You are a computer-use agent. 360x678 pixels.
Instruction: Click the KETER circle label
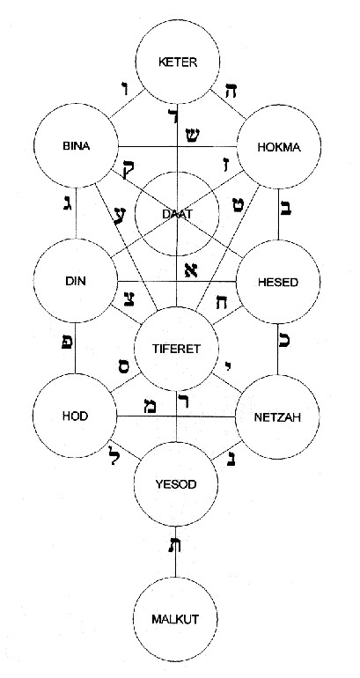(178, 63)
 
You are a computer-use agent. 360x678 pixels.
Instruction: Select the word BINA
(76, 146)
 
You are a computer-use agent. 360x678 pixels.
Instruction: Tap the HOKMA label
(279, 147)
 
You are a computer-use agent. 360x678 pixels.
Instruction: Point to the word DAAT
(177, 213)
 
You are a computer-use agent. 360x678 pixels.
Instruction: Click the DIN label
(76, 282)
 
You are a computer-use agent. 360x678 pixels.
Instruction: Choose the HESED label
(278, 283)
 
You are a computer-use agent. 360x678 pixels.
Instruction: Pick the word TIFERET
(177, 350)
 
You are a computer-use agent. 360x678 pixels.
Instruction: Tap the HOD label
(75, 416)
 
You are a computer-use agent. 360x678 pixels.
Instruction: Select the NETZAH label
(277, 417)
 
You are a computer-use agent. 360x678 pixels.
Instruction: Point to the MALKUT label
(175, 619)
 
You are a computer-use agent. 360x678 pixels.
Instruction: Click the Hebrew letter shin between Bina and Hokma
(192, 136)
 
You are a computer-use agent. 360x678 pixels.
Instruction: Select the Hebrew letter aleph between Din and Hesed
(190, 270)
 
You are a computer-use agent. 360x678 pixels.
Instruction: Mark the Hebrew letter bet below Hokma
(287, 207)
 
